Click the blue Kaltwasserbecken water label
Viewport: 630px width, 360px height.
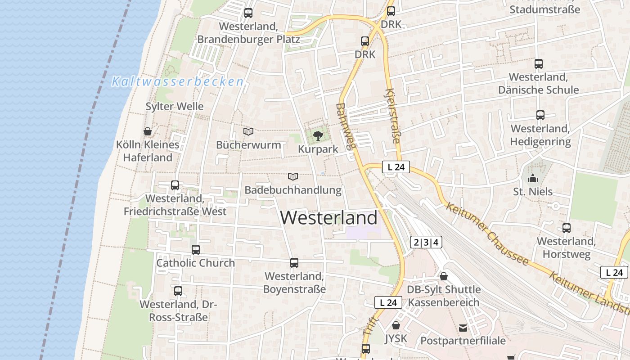[x=178, y=82]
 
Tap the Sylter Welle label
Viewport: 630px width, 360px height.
[x=175, y=107]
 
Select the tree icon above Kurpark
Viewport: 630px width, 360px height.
[x=318, y=135]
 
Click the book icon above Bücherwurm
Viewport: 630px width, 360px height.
[x=248, y=131]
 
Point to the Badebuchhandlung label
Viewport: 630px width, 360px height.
[x=293, y=190]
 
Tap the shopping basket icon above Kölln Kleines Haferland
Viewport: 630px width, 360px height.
[x=147, y=131]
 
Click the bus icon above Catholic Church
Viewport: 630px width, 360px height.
[x=195, y=249]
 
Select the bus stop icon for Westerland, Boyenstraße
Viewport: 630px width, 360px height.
[x=294, y=263]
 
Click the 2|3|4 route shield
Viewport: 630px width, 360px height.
[x=426, y=243]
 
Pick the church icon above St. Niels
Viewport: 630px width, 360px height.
[x=533, y=178]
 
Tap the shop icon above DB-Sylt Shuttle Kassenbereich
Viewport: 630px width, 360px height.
[x=444, y=276]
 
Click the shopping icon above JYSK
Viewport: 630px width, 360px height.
[x=396, y=325]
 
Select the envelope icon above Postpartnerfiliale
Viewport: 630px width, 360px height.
[x=463, y=328]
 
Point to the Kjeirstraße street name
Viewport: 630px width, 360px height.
[x=392, y=116]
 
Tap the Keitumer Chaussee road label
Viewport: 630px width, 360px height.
[x=487, y=234]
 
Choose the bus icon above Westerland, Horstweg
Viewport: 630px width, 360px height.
[x=566, y=228]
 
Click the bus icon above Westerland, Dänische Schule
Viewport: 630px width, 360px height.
[x=539, y=64]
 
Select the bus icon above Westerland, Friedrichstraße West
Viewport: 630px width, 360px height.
[x=175, y=185]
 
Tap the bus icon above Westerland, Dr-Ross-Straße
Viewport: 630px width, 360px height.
[x=178, y=291]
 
